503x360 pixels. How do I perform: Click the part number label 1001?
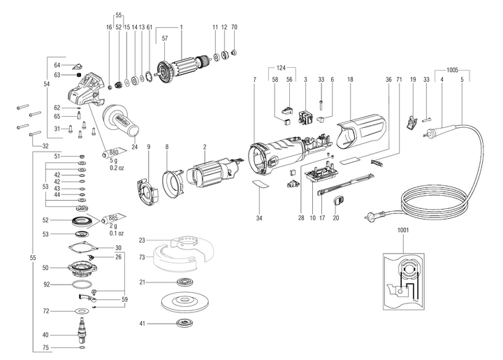[x=403, y=230]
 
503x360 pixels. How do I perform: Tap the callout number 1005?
[x=451, y=70]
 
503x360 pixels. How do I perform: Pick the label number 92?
[x=46, y=285]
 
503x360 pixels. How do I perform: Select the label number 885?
[x=113, y=218]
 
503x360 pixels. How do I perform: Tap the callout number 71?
[x=400, y=80]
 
